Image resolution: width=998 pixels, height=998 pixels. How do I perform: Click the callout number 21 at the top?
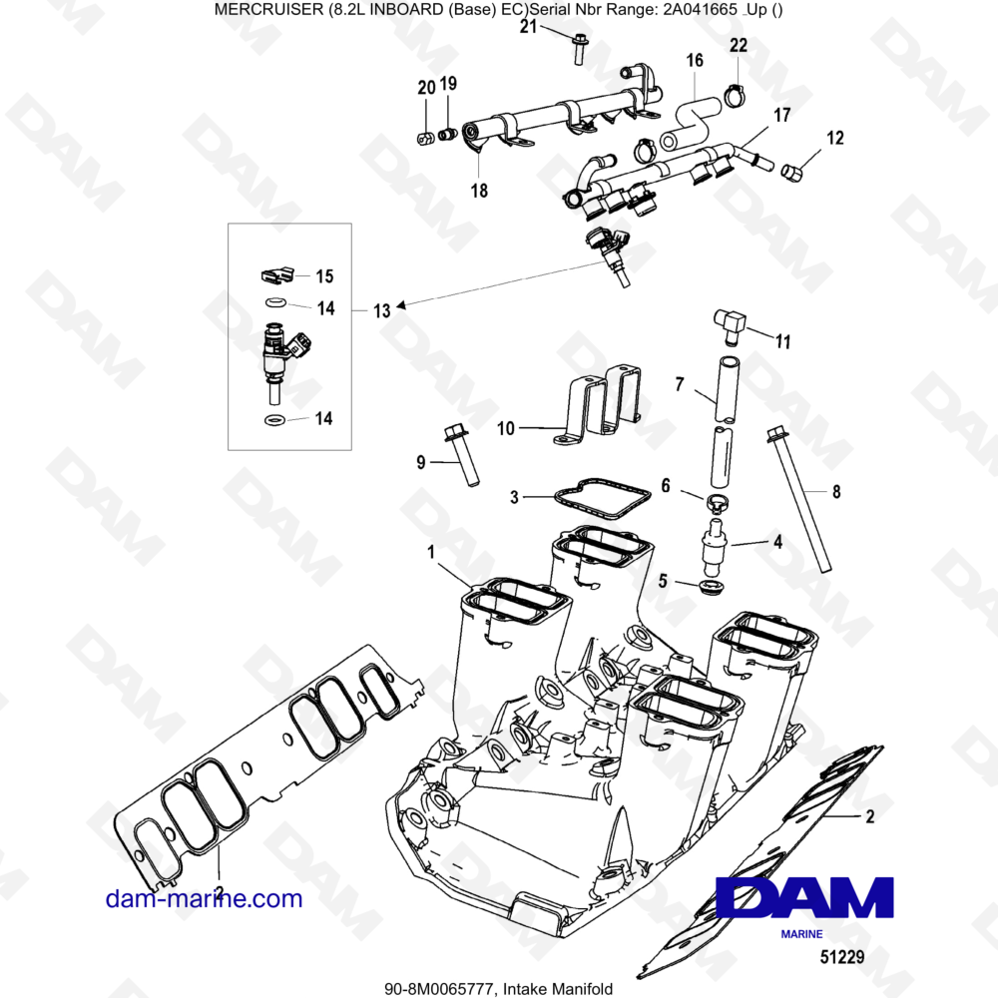[x=529, y=27]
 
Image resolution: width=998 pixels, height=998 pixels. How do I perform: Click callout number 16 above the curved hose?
[x=695, y=61]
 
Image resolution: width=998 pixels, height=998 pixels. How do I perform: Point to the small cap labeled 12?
[x=791, y=171]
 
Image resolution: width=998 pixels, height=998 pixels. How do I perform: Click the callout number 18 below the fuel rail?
[x=479, y=191]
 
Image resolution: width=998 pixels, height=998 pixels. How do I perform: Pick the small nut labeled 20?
[x=426, y=138]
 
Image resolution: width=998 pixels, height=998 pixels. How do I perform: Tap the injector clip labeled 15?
[x=277, y=275]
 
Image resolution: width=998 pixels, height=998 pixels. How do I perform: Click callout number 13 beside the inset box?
[x=382, y=310]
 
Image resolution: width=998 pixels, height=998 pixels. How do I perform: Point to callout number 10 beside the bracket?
[x=506, y=428]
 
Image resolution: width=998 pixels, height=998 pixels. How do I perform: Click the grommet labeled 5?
[x=711, y=586]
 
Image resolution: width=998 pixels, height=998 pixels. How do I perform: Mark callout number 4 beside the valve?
[x=777, y=542]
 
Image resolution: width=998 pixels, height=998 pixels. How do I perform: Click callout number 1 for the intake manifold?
[x=431, y=552]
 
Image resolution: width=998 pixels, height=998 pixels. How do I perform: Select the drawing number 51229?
[x=842, y=957]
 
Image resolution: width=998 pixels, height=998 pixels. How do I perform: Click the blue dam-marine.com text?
[x=204, y=899]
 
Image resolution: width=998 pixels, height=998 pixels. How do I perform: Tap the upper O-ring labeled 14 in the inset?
[x=275, y=301]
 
